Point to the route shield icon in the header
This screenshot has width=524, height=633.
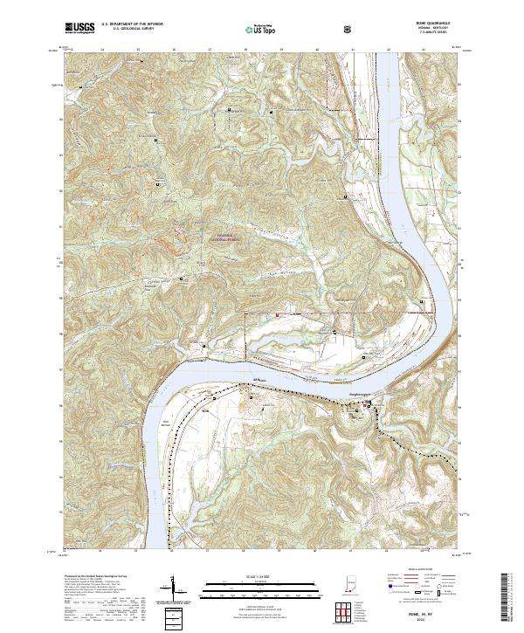pyautogui.click(x=350, y=30)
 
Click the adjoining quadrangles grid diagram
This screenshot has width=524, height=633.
pyautogui.click(x=346, y=610)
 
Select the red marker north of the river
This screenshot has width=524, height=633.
pyautogui.click(x=279, y=313)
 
